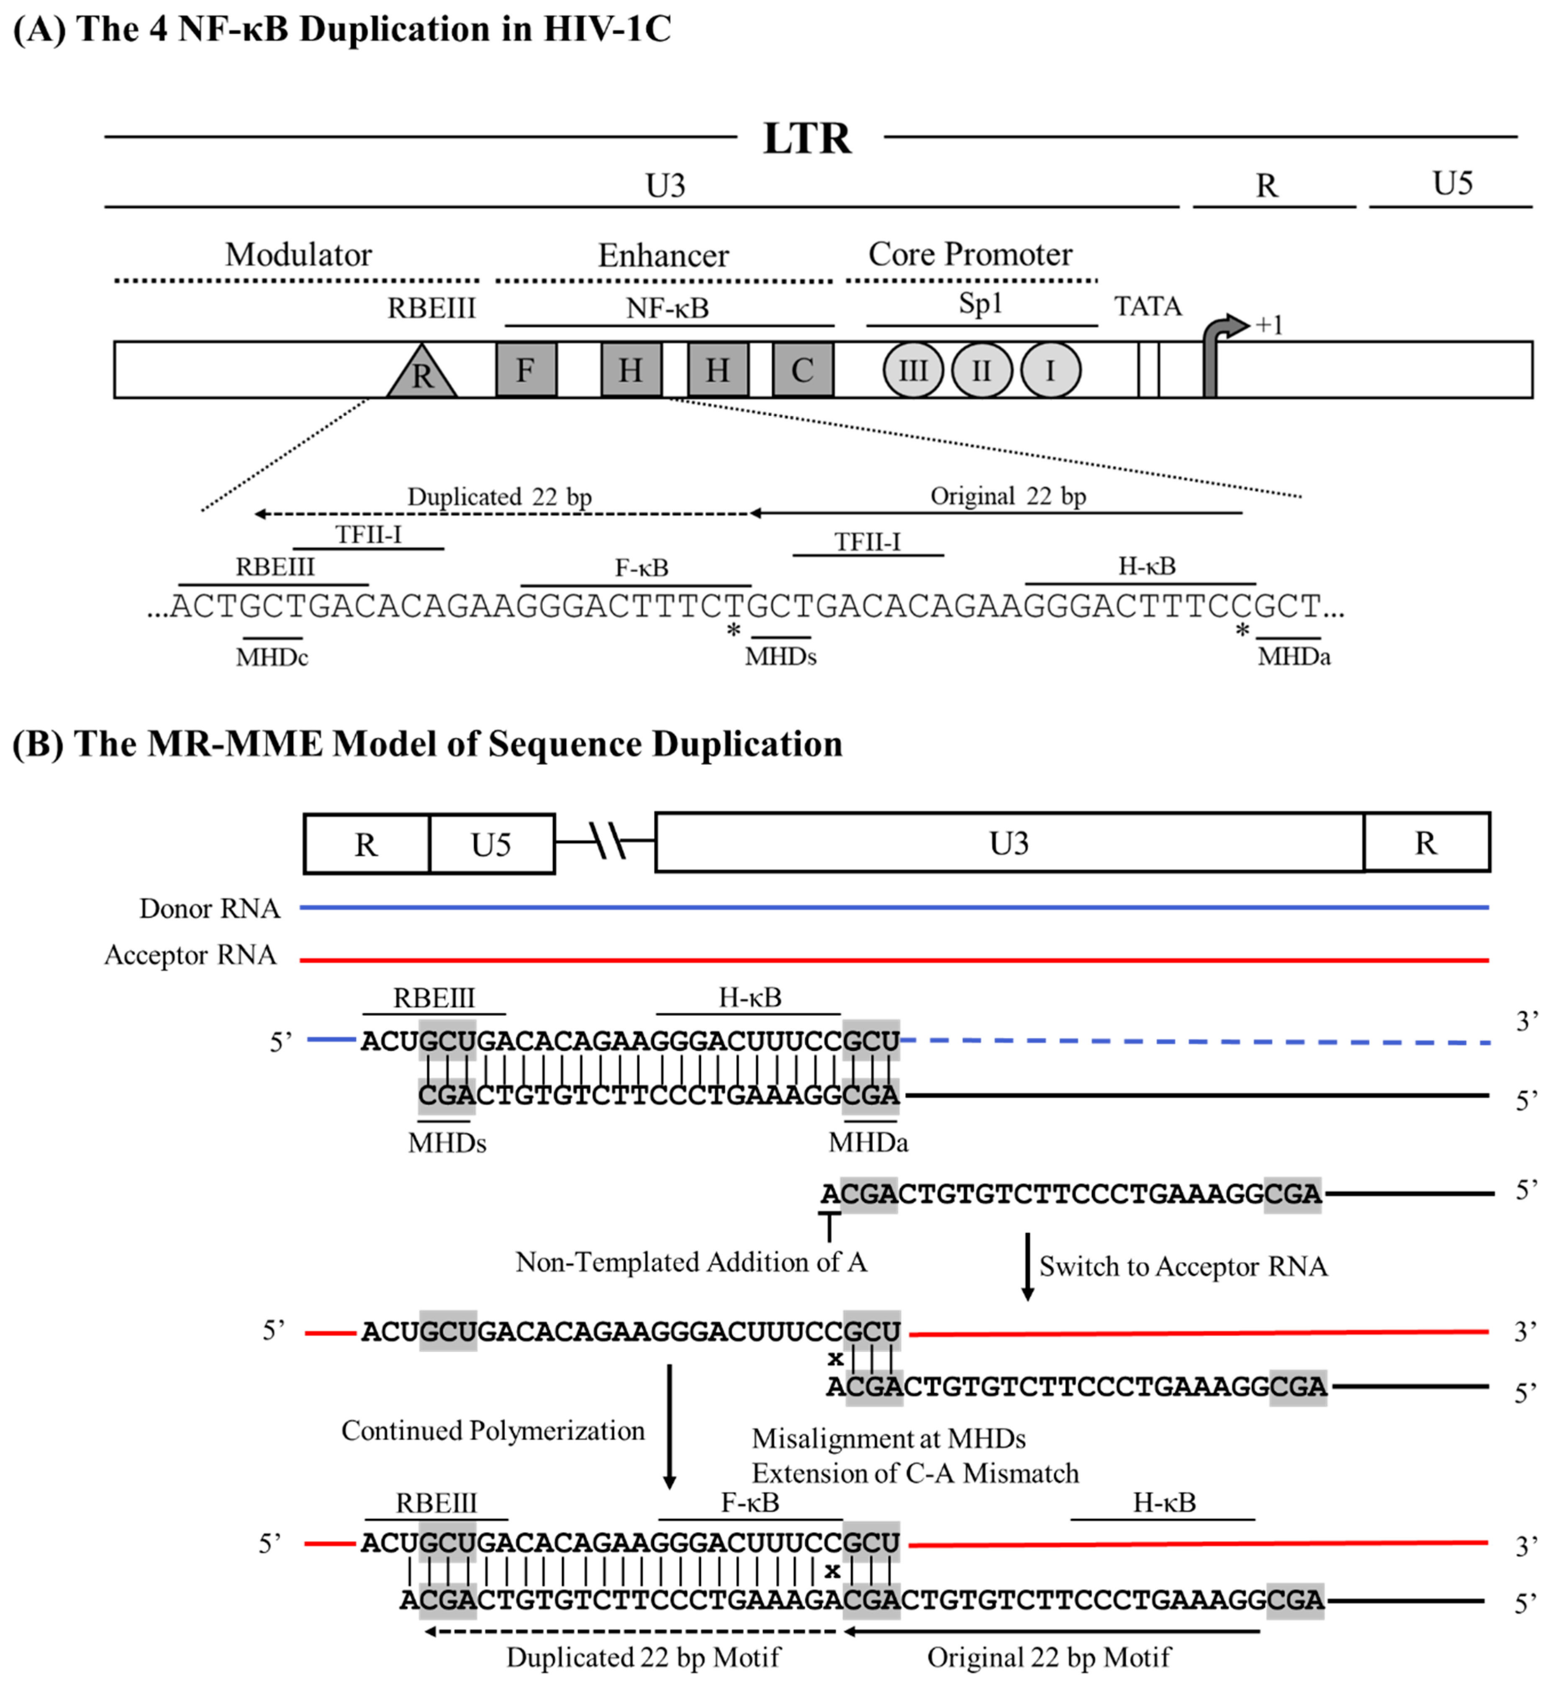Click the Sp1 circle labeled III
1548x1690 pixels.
[913, 370]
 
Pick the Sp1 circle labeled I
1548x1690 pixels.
[1050, 370]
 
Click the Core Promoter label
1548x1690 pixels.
[970, 254]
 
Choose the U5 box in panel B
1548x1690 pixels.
[491, 843]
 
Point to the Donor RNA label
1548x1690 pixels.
[210, 908]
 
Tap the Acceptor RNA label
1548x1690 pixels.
[190, 955]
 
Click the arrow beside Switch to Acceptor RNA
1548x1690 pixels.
[1027, 1266]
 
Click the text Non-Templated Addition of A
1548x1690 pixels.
[691, 1262]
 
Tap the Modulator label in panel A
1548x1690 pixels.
[298, 254]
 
